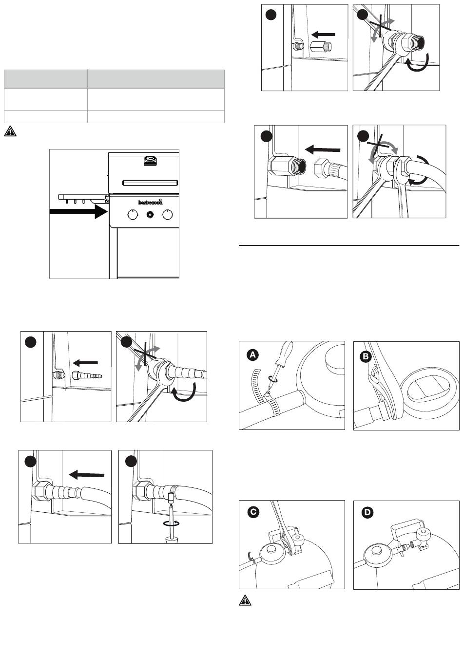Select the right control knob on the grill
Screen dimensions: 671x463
pos(168,214)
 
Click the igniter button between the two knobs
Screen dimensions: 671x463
pos(150,214)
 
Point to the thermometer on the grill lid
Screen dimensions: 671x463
pos(150,159)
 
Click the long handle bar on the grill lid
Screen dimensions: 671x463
pos(150,182)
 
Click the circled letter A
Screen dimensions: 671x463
pos(252,356)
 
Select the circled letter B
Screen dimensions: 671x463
pos(366,356)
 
